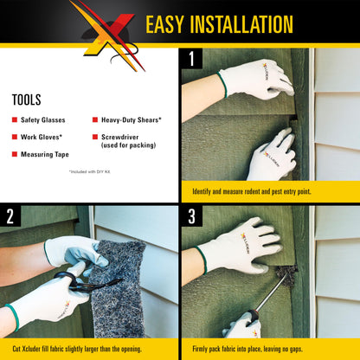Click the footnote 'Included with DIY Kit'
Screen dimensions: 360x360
point(91,172)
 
